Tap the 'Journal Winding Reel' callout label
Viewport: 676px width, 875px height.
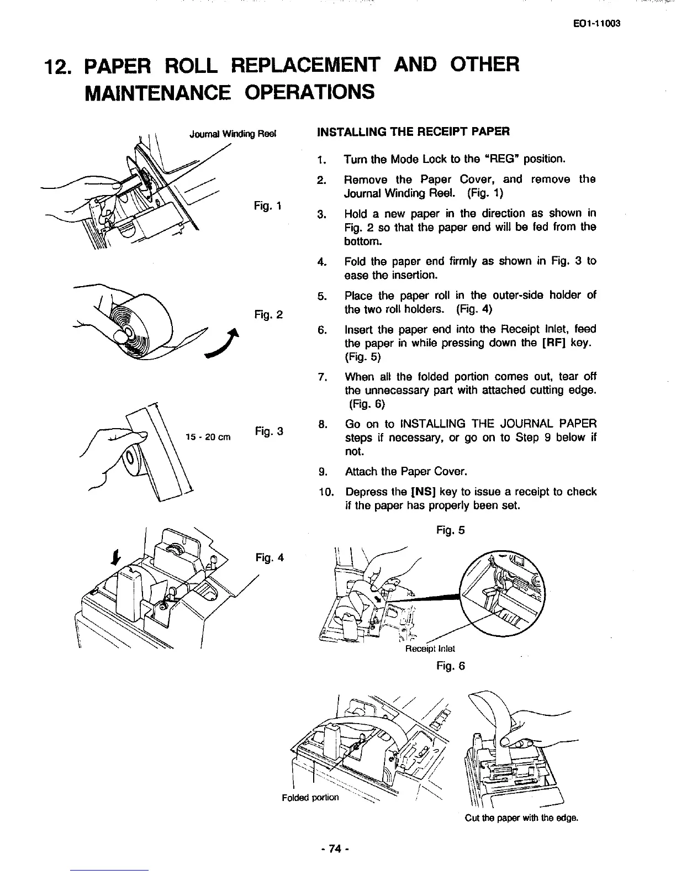(232, 134)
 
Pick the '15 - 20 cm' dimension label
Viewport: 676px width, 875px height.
(208, 437)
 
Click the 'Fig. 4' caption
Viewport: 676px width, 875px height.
(270, 557)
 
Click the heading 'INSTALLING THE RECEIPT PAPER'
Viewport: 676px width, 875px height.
(413, 131)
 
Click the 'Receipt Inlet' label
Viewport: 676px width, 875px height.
(430, 649)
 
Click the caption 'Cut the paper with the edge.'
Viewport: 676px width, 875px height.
(521, 818)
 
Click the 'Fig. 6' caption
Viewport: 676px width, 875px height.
(450, 666)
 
